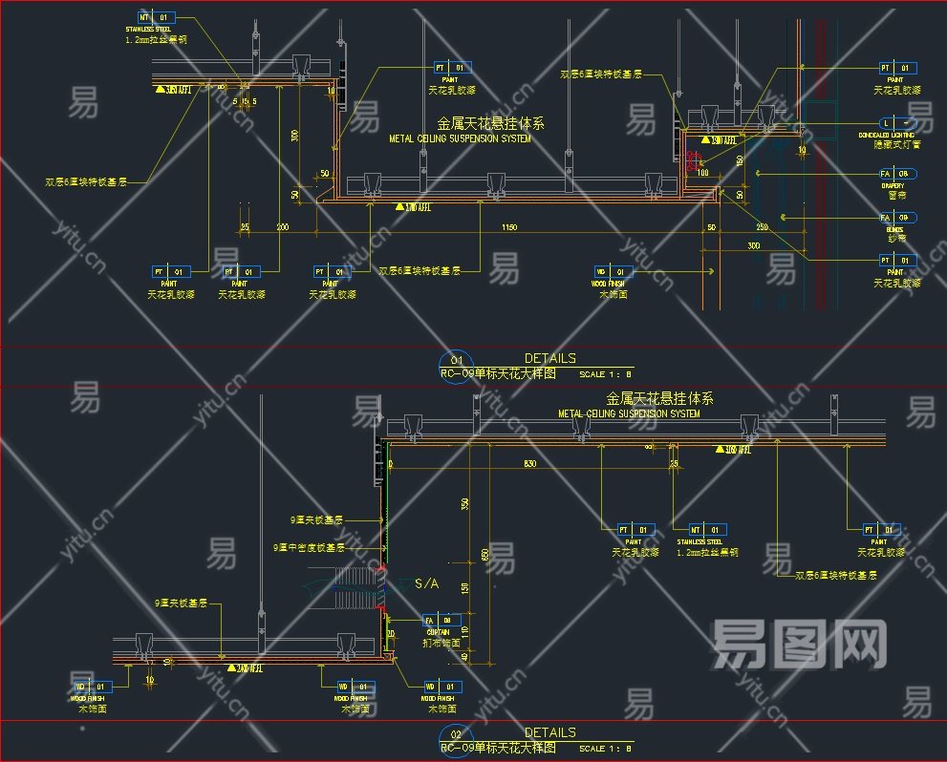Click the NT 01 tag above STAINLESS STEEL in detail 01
156,17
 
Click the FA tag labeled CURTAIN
442,620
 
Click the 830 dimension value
529,463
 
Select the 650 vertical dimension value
484,554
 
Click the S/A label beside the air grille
426,583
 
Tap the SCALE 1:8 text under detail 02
606,748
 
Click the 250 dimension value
762,227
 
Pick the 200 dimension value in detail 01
283,227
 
